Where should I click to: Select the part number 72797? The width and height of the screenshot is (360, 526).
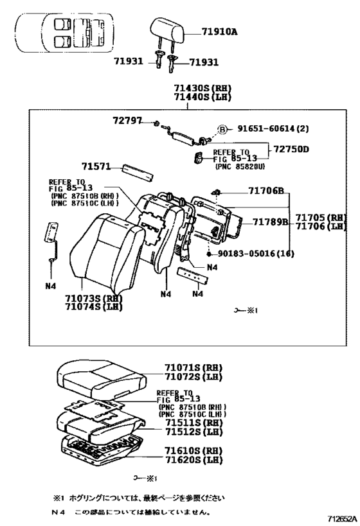128,120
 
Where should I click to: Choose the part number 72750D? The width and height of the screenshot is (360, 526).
291,149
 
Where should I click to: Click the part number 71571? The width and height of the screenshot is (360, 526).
95,166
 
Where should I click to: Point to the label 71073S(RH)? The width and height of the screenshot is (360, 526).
94,299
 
